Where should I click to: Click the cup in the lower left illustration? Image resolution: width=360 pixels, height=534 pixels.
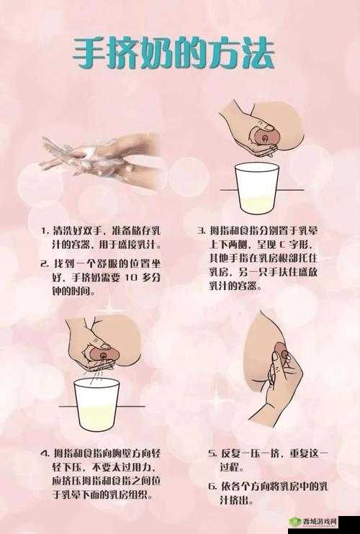(x=96, y=404)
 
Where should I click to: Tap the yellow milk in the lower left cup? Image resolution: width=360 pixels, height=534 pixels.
(x=96, y=417)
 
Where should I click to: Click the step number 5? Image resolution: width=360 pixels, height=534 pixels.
(x=212, y=454)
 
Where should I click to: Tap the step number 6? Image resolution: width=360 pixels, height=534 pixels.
(x=212, y=487)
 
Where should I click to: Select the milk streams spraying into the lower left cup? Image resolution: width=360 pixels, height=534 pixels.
(x=99, y=367)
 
